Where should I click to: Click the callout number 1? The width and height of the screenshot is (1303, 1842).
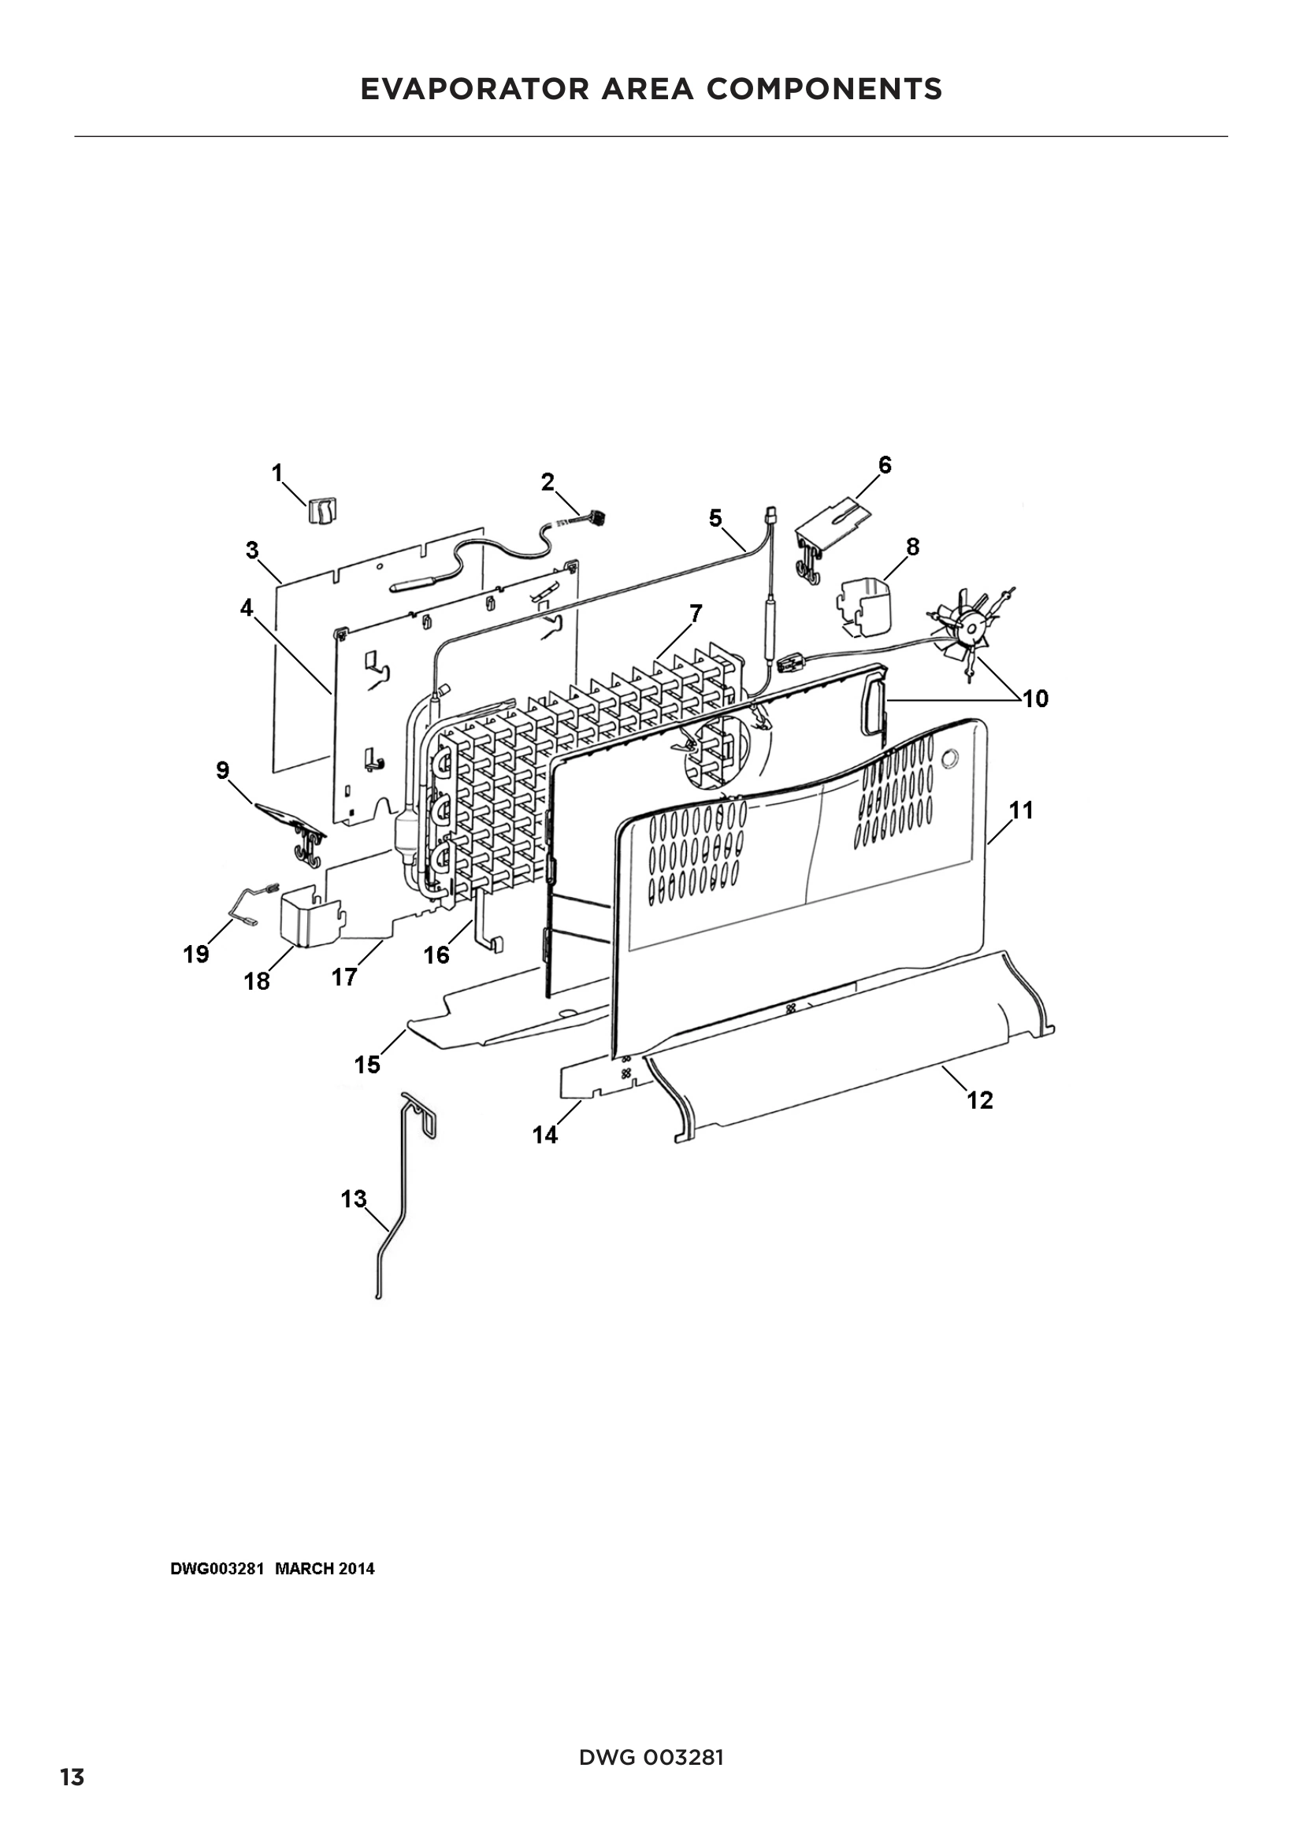pyautogui.click(x=277, y=473)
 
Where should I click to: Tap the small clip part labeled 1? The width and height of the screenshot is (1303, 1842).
pyautogui.click(x=323, y=510)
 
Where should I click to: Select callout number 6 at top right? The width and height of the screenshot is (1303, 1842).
pyautogui.click(x=884, y=465)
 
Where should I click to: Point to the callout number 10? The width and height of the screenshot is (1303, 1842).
pyautogui.click(x=1035, y=699)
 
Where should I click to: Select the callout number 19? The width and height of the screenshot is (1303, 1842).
pyautogui.click(x=196, y=954)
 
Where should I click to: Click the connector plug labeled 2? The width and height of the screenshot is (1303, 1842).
pyautogui.click(x=595, y=520)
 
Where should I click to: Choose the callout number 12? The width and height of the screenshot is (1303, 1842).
pyautogui.click(x=980, y=1101)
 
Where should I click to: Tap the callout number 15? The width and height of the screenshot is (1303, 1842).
pyautogui.click(x=367, y=1066)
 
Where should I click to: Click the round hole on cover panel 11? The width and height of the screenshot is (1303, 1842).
pyautogui.click(x=952, y=758)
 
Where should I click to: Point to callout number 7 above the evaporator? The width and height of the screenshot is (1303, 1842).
pyautogui.click(x=696, y=613)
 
